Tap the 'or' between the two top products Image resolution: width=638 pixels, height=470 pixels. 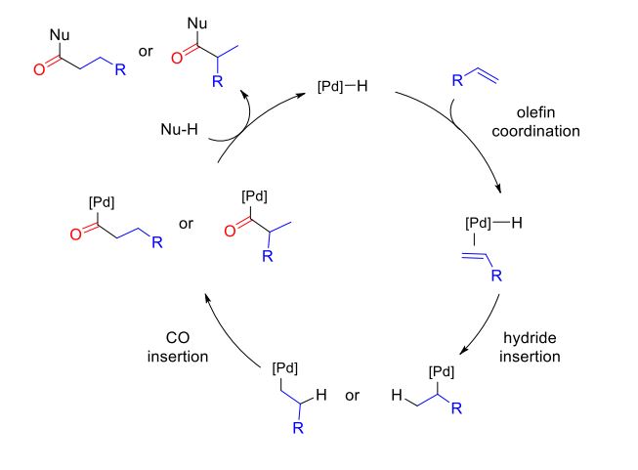tap(146, 51)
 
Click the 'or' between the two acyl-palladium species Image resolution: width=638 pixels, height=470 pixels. tap(187, 224)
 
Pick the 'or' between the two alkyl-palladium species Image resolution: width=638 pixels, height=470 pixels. tap(353, 396)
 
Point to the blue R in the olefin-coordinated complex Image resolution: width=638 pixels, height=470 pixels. tap(497, 277)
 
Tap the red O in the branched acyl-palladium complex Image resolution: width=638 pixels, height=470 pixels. tap(230, 232)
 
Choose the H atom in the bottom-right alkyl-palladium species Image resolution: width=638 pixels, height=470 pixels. tap(396, 396)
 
